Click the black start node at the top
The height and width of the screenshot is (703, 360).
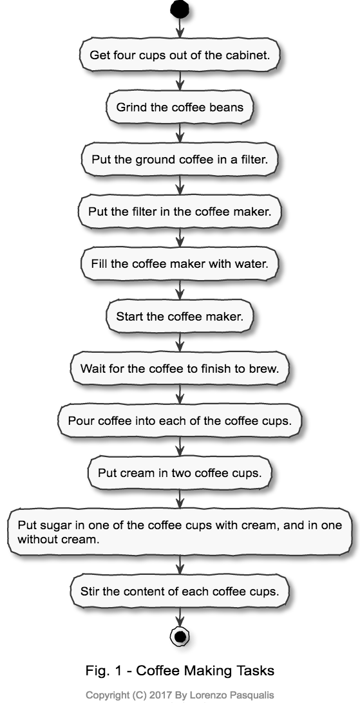pos(180,10)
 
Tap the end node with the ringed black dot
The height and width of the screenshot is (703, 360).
pos(180,637)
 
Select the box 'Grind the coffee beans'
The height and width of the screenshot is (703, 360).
pos(180,107)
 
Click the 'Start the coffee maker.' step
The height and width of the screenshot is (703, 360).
pos(180,317)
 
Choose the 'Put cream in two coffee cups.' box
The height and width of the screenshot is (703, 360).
pos(180,473)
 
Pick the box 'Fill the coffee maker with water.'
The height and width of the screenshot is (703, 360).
pos(180,264)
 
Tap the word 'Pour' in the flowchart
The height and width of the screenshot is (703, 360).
pos(81,421)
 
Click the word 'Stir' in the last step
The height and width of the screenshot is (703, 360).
pos(91,592)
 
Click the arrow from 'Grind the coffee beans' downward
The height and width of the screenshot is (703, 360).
pos(180,133)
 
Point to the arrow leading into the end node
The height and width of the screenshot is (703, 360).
pos(180,616)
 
